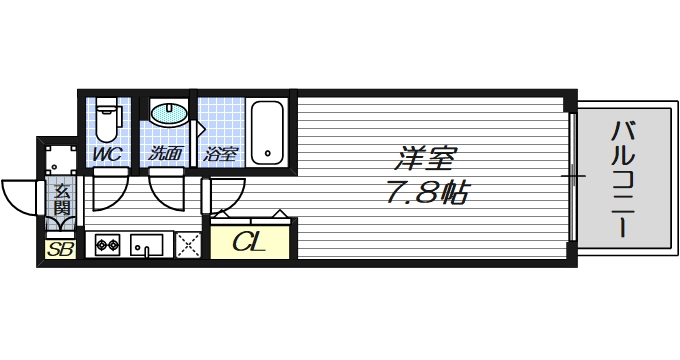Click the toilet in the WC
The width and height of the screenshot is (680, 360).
(x=108, y=120)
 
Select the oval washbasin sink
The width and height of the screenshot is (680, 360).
(x=170, y=113)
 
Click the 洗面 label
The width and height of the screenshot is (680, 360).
(x=165, y=154)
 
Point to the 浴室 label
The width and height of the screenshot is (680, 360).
(x=220, y=154)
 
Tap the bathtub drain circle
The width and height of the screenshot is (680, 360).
(x=268, y=155)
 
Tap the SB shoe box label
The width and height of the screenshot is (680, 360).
(x=60, y=249)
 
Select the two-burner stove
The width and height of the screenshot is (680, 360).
(x=106, y=243)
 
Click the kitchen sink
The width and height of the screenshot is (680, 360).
(x=148, y=243)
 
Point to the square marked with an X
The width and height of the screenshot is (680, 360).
(x=188, y=243)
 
